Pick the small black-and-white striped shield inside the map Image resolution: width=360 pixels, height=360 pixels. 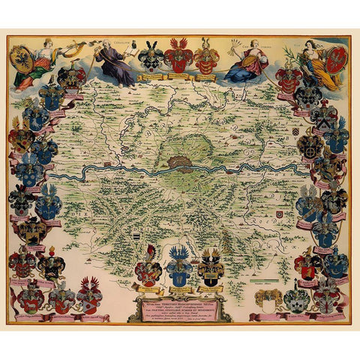tap(136, 235)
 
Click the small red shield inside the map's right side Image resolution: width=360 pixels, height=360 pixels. tap(279, 215)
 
